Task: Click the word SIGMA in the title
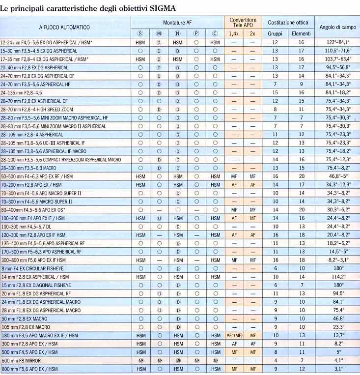(x=164, y=8)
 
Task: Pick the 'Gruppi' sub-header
(x=275, y=33)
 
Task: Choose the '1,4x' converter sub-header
(x=234, y=33)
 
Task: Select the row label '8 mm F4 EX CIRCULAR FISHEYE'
(x=36, y=268)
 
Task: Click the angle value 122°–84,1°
(x=336, y=43)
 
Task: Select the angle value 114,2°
(x=336, y=277)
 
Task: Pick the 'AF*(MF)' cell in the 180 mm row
(x=235, y=335)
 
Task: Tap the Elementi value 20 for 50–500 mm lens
(x=301, y=176)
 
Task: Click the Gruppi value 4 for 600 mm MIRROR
(x=275, y=360)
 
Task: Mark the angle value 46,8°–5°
(x=336, y=176)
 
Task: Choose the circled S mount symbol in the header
(x=140, y=33)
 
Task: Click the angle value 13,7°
(x=336, y=335)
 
